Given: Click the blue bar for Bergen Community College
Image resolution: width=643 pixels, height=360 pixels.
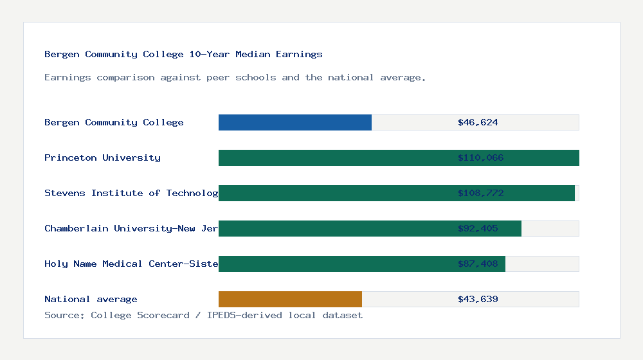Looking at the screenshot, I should pyautogui.click(x=295, y=122).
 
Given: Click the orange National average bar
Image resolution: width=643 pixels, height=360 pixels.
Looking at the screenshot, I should pyautogui.click(x=290, y=299).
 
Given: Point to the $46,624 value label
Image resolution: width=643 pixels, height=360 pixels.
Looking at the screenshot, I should pyautogui.click(x=478, y=122).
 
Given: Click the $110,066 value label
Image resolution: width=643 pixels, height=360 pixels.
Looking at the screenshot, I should pyautogui.click(x=480, y=157).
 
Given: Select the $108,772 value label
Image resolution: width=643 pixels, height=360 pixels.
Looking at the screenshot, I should pyautogui.click(x=480, y=193).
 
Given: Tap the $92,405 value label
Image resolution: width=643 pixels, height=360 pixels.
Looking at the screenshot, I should pyautogui.click(x=478, y=228).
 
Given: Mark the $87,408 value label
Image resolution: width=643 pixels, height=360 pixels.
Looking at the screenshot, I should pyautogui.click(x=478, y=264).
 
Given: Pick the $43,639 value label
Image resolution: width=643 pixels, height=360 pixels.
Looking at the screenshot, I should pyautogui.click(x=478, y=299).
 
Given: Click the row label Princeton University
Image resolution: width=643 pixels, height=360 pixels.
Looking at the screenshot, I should pyautogui.click(x=102, y=157).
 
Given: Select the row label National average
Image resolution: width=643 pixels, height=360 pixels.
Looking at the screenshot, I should pyautogui.click(x=91, y=299).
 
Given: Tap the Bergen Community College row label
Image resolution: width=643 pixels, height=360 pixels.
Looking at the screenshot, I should pyautogui.click(x=114, y=122).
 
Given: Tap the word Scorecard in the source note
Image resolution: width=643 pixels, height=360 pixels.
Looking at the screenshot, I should pyautogui.click(x=163, y=315).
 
